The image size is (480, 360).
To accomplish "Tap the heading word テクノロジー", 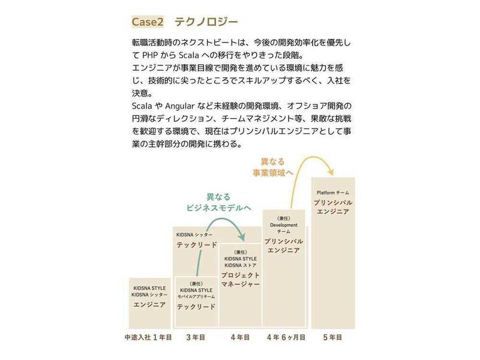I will pos(206,22).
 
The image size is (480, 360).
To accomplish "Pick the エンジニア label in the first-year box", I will pos(150,305).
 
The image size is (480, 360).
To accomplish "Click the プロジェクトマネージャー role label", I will pos(240,279).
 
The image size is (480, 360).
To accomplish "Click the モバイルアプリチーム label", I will pos(196,296).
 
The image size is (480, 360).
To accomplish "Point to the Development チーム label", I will pos(284,228).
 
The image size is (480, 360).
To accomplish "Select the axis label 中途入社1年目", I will pos(148,338).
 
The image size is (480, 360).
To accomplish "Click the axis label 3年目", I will pos(196,338).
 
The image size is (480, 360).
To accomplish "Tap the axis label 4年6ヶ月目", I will pos(286,338).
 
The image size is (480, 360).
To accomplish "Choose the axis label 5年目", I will pos(333,338).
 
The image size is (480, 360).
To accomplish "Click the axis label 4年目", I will pos(240,338).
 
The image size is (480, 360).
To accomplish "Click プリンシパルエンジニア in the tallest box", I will pos(333,207).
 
